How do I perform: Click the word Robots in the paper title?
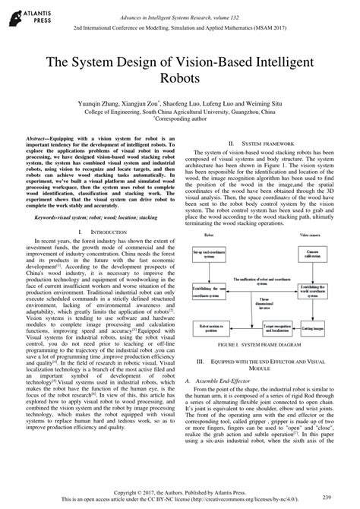(180, 77)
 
